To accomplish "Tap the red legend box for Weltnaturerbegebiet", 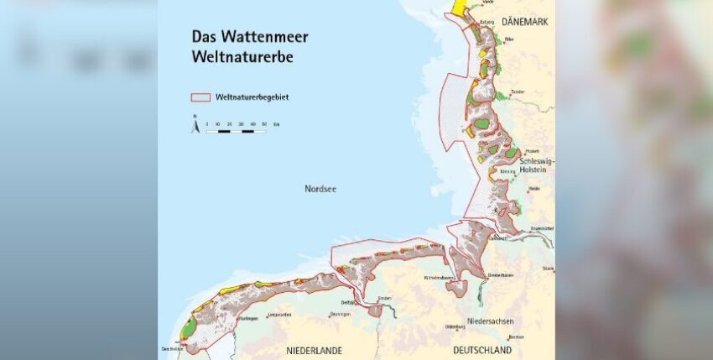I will (x=201, y=97).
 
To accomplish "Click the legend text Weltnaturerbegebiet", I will (x=252, y=97).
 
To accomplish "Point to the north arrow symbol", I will (x=195, y=125).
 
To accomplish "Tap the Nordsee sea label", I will (x=320, y=190).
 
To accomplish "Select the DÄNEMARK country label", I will (x=524, y=22).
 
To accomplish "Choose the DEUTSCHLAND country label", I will (x=482, y=349).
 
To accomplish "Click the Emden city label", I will (x=385, y=298).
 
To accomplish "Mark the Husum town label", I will (x=509, y=150).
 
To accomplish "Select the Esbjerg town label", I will (x=487, y=22).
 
